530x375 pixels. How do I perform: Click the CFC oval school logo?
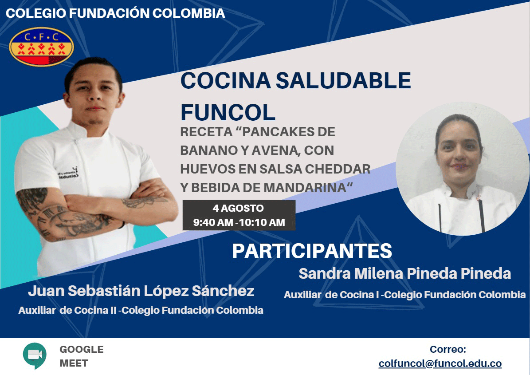[x=41, y=47]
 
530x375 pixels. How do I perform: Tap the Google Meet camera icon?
[x=35, y=355]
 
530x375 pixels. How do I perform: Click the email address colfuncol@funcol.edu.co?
[x=440, y=363]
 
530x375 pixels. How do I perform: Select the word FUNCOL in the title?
[x=228, y=112]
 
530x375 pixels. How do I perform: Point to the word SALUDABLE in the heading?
[x=343, y=80]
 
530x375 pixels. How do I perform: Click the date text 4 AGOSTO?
[x=238, y=208]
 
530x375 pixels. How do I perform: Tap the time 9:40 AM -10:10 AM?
[x=239, y=222]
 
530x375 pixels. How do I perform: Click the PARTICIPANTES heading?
[x=312, y=251]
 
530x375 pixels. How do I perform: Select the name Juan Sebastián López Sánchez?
[x=141, y=291]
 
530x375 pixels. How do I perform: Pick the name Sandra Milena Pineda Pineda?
[x=404, y=273]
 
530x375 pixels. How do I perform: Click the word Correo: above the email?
[x=448, y=349]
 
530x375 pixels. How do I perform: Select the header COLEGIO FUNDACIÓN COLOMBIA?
[x=115, y=13]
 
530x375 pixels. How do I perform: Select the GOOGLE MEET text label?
[x=82, y=356]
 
